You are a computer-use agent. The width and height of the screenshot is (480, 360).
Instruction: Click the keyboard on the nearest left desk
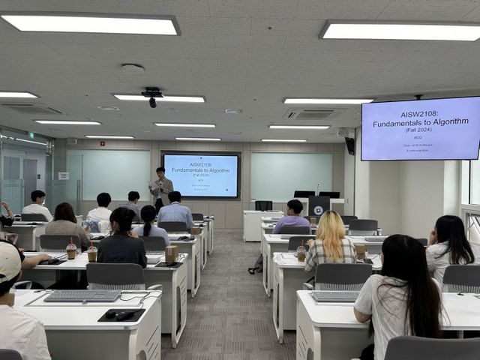[82, 296]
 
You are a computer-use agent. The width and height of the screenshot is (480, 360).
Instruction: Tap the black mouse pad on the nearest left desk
[121, 315]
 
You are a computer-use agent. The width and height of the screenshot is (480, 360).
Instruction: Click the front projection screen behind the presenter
[201, 175]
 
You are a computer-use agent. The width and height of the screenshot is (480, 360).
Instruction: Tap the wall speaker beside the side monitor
[349, 145]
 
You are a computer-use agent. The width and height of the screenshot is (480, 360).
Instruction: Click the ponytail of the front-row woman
[148, 222]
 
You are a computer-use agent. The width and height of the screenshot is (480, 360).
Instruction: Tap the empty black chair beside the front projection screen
[263, 205]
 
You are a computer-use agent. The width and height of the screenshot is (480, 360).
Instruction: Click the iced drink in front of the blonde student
[301, 253]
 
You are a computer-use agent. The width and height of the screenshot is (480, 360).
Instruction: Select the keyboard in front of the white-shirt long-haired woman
[335, 297]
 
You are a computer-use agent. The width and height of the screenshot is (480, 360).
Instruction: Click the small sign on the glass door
[64, 175]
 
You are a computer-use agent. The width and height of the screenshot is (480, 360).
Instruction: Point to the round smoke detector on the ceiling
[132, 69]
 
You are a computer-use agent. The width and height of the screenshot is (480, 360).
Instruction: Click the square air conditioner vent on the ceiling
[310, 114]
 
